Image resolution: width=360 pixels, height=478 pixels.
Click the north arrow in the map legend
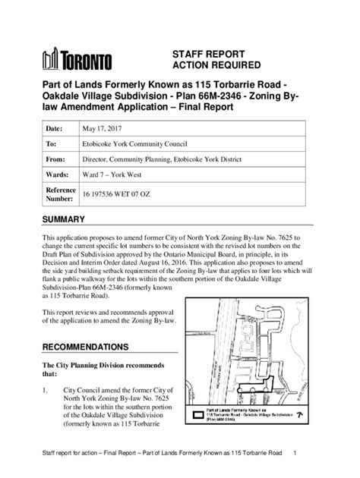(x=302, y=416)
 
